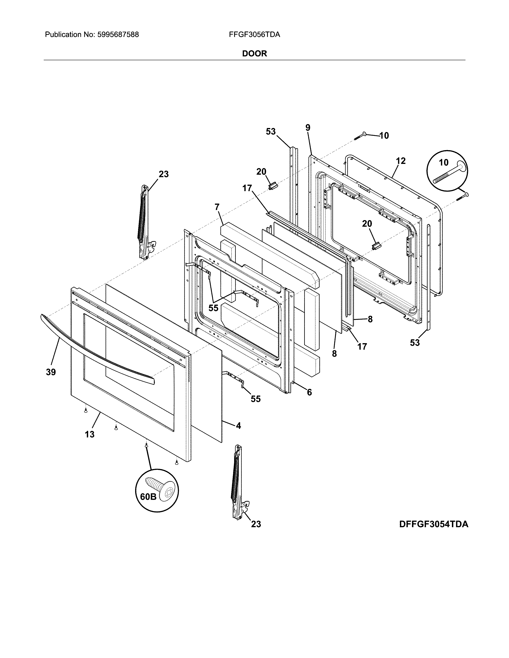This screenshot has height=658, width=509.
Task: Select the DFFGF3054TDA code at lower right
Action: (x=434, y=524)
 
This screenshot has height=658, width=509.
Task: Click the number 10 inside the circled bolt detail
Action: (x=444, y=163)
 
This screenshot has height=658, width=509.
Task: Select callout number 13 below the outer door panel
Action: (x=90, y=434)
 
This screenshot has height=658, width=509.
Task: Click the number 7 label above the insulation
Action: (x=217, y=207)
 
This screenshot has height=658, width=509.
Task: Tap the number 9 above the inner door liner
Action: (x=308, y=128)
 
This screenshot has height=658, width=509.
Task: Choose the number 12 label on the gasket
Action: (x=401, y=161)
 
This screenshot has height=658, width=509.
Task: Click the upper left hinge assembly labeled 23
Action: (x=144, y=223)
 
